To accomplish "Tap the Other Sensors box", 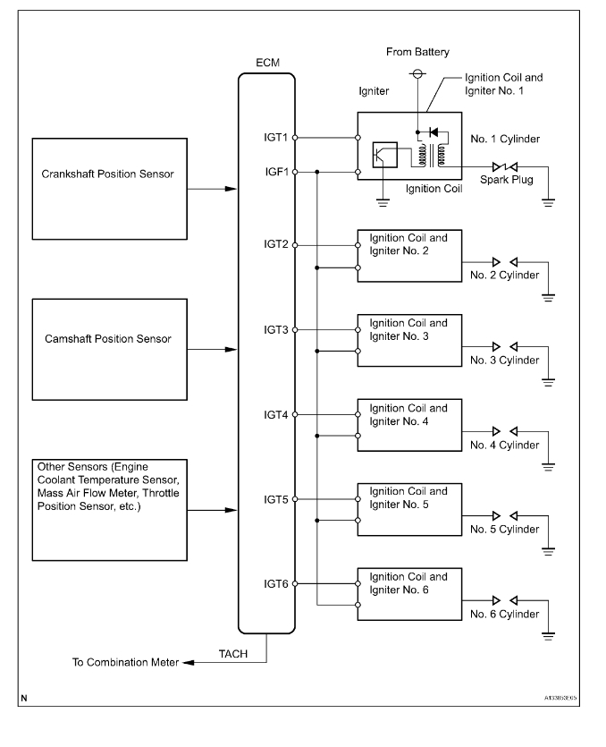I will [109, 510].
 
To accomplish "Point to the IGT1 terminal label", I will [274, 138].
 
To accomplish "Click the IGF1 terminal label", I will [274, 171].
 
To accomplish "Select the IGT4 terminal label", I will [274, 415].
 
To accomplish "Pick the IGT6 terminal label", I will [274, 583].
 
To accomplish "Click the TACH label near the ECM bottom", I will [234, 654].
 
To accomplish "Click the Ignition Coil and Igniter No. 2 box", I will [408, 255].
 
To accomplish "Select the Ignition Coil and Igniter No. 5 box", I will [408, 508].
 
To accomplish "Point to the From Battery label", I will [417, 53].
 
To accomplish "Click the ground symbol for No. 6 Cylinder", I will [548, 635].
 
